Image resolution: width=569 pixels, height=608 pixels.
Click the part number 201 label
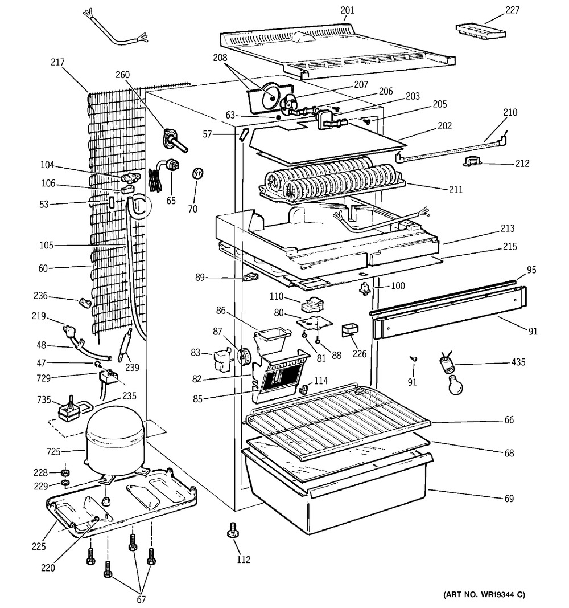347,10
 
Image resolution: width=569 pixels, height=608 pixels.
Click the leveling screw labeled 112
232,530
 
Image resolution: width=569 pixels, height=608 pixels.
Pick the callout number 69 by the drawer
508,499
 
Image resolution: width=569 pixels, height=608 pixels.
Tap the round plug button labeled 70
198,173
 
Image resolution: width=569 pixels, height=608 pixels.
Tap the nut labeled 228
65,473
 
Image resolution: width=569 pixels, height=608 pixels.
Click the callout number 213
508,228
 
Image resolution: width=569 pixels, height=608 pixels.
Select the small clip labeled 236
85,302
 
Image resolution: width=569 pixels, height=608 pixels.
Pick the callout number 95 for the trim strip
531,269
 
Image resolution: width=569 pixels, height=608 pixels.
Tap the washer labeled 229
65,484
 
